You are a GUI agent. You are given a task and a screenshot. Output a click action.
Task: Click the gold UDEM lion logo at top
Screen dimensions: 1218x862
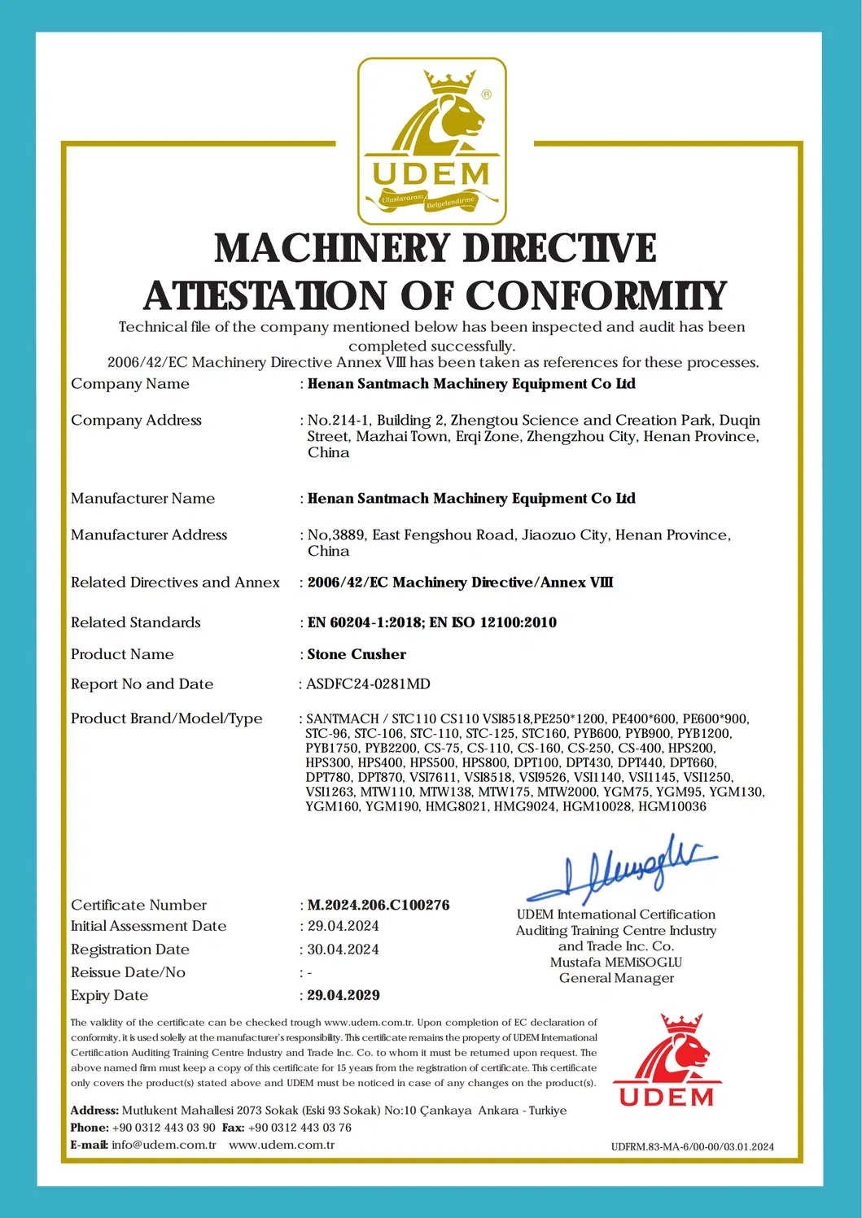431,141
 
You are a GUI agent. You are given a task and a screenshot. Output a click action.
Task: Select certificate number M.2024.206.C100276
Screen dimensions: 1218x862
378,905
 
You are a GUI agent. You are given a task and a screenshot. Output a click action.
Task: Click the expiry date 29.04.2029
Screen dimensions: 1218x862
343,995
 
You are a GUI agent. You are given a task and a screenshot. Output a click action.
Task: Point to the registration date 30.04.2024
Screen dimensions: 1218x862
343,950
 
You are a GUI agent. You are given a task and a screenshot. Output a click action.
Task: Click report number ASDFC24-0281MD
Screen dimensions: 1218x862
368,684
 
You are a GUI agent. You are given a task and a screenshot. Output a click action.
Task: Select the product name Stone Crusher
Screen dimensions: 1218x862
357,654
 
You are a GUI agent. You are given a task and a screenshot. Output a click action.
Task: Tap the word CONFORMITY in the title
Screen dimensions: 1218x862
595,295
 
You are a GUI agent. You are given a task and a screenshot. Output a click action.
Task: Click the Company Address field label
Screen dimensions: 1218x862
136,420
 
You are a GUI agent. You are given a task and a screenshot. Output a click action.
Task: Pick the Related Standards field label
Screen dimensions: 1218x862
135,622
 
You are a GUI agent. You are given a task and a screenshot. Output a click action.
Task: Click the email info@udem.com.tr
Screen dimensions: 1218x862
164,1145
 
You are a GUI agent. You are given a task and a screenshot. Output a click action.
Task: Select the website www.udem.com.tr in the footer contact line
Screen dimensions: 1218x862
282,1145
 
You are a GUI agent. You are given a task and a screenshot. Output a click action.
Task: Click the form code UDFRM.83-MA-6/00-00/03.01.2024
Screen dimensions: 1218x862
692,1147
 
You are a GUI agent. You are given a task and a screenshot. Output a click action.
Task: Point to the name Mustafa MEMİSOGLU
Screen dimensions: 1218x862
616,962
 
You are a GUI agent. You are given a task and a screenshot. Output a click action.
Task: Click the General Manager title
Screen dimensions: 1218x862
616,978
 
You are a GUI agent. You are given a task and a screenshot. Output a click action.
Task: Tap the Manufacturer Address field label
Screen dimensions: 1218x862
149,535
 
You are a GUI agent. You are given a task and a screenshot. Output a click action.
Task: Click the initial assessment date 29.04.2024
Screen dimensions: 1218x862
343,926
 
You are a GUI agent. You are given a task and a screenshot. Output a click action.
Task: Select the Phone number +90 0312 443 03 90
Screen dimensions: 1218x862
164,1128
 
